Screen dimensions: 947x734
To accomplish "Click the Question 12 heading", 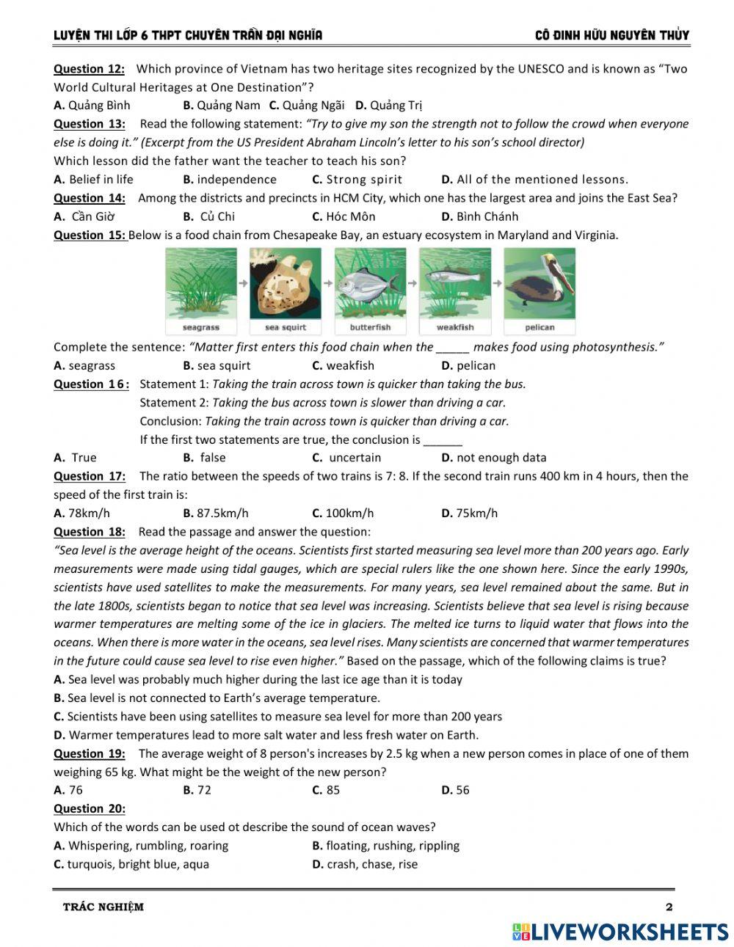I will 89,69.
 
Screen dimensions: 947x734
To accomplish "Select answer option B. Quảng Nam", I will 221,105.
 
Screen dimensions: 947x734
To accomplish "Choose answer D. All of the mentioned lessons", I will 534,179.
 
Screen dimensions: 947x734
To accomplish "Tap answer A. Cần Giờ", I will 84,216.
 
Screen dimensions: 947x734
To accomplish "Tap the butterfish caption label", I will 370,327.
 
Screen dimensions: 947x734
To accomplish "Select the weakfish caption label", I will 455,327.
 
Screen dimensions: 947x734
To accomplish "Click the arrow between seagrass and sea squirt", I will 243,282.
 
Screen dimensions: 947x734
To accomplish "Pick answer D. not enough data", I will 493,458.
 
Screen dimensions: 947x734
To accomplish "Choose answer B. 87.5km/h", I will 216,513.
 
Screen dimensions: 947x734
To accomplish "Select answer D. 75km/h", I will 469,513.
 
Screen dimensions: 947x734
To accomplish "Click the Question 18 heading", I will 89,532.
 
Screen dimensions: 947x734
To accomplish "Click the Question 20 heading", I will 89,808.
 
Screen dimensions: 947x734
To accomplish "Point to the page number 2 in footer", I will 669,907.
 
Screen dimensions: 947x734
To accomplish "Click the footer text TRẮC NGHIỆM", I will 103,907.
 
